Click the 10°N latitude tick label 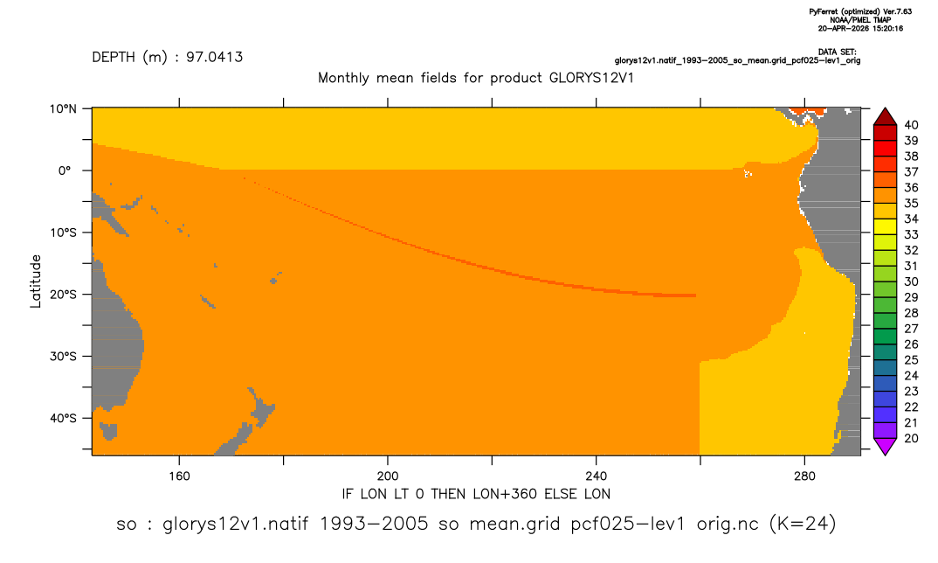(63, 109)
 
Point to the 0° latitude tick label (66, 170)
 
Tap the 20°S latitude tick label (63, 295)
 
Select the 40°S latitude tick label (63, 418)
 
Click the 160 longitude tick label (179, 476)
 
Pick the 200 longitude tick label (388, 476)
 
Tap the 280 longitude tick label (804, 476)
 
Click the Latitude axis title (36, 281)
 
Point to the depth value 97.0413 (214, 58)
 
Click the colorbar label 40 (911, 125)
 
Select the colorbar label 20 (911, 438)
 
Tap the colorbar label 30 (911, 281)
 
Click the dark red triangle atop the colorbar (885, 118)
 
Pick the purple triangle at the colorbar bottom (885, 446)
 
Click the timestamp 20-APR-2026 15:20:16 (861, 28)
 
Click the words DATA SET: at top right (838, 52)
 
